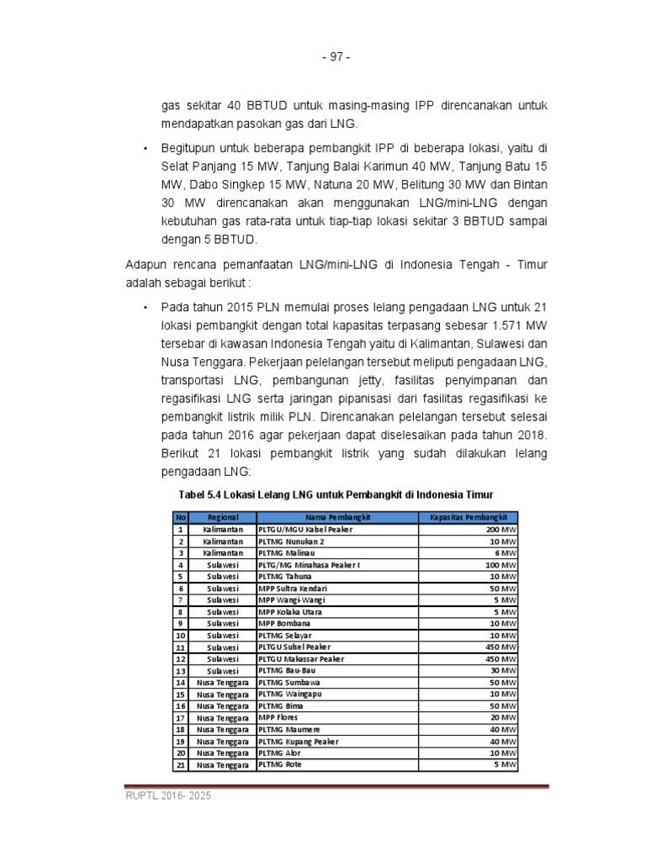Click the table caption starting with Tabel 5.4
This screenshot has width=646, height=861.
point(335,493)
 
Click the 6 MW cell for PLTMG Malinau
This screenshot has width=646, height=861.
point(505,553)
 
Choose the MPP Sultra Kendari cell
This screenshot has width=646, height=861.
point(292,589)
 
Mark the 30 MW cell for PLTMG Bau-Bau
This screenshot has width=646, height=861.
point(502,670)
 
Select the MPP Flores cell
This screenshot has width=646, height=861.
point(278,717)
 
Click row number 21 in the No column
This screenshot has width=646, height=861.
point(180,765)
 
